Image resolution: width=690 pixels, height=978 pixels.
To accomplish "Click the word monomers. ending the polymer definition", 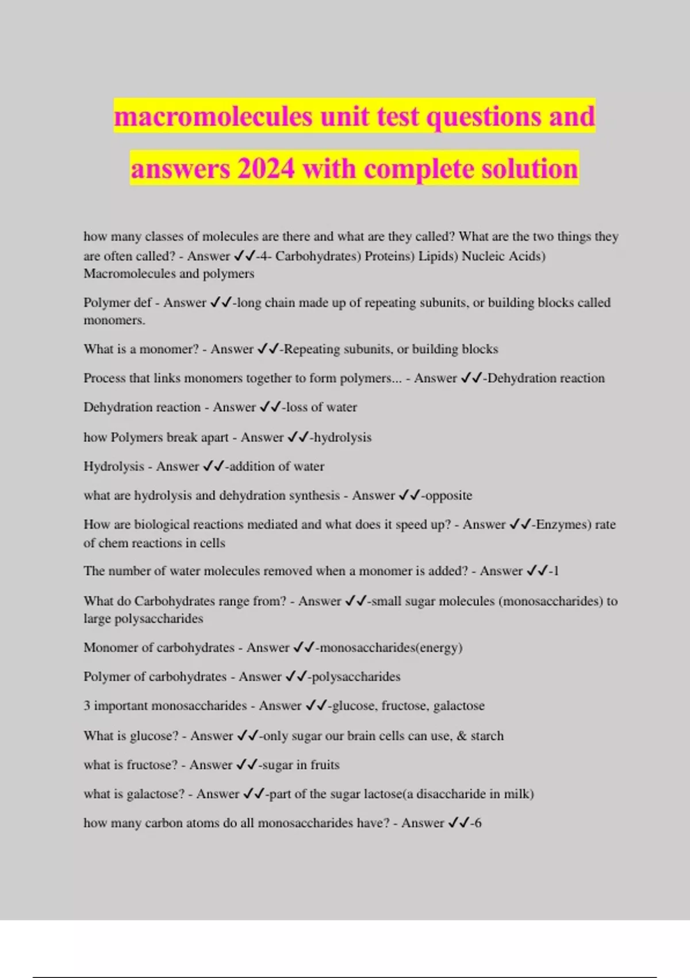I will tap(114, 320).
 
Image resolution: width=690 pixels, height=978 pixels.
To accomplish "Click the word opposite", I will tap(448, 495).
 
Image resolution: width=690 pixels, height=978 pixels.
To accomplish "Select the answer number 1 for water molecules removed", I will tap(555, 571).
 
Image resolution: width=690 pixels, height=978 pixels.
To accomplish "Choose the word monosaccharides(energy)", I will tap(391, 648).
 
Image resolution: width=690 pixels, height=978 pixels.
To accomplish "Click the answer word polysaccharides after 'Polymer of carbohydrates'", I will tap(356, 677).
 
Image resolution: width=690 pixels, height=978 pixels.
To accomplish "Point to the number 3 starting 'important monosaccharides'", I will tap(87, 706).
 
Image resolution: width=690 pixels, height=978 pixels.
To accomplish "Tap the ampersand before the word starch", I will tap(462, 736).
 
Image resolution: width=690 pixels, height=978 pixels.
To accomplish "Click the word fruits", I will tap(325, 765).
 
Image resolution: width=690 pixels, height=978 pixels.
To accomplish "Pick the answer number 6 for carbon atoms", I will tap(478, 823).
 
